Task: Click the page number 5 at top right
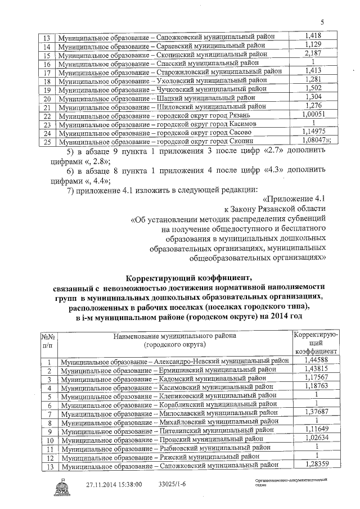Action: pyautogui.click(x=322, y=22)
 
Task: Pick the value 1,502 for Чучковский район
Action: pyautogui.click(x=311, y=88)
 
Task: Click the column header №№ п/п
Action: pyautogui.click(x=47, y=341)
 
